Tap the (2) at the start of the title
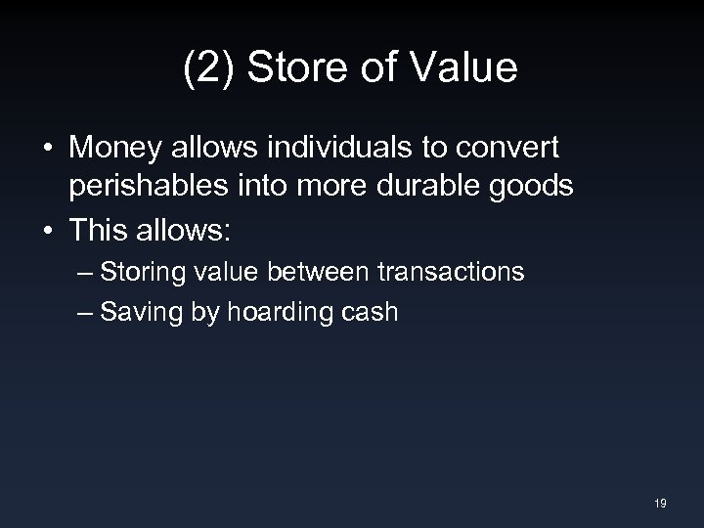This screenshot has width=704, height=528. pos(205,70)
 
